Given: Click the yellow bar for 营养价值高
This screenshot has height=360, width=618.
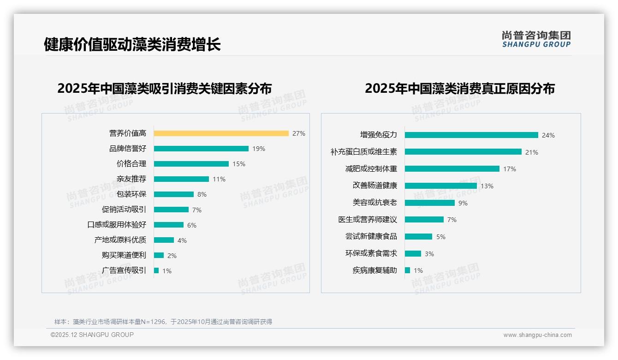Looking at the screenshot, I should pyautogui.click(x=221, y=133).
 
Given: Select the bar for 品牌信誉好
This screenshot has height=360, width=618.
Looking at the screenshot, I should pyautogui.click(x=201, y=149).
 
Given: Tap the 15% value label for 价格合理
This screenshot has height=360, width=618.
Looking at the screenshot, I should pyautogui.click(x=239, y=164).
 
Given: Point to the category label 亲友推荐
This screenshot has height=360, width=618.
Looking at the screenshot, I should pyautogui.click(x=131, y=179).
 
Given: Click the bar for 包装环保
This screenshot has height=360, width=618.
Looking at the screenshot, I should pyautogui.click(x=174, y=194).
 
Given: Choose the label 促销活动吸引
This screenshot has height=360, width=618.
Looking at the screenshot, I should pyautogui.click(x=124, y=210).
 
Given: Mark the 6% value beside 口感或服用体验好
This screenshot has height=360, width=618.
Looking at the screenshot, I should pyautogui.click(x=192, y=225).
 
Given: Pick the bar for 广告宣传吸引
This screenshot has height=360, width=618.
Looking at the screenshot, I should pyautogui.click(x=156, y=270).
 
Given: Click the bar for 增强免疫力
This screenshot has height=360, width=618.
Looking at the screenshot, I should pyautogui.click(x=471, y=135).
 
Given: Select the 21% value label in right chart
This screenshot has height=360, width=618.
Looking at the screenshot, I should pyautogui.click(x=532, y=152).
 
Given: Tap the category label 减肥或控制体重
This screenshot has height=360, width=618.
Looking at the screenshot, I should pyautogui.click(x=371, y=169).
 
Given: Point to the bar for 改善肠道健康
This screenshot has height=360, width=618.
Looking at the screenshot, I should pyautogui.click(x=440, y=186).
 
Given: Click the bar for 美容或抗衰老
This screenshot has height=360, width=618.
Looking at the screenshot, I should pyautogui.click(x=429, y=203).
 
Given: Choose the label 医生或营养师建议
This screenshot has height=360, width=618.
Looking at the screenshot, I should pyautogui.click(x=368, y=220).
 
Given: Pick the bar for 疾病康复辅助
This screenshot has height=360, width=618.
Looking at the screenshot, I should pyautogui.click(x=407, y=270).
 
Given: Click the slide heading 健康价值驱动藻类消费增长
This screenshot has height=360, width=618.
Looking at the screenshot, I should pyautogui.click(x=132, y=44).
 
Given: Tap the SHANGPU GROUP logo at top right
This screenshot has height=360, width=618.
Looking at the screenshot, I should pyautogui.click(x=536, y=39).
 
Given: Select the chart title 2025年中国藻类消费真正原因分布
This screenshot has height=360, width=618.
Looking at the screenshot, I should pyautogui.click(x=460, y=88).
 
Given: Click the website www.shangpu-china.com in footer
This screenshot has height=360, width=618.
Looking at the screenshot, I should pyautogui.click(x=537, y=335).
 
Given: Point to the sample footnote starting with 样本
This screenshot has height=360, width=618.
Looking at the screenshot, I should pyautogui.click(x=163, y=322).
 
